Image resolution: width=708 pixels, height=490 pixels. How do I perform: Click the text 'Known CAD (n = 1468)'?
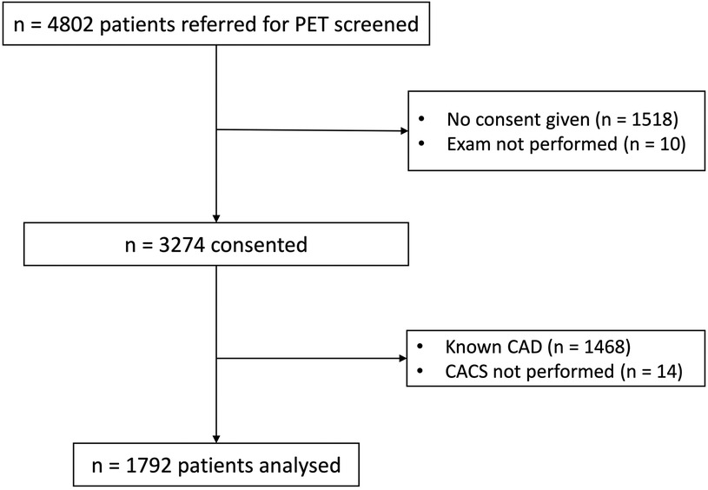tap(537, 348)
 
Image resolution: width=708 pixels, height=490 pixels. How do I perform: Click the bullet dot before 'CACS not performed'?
tap(421, 372)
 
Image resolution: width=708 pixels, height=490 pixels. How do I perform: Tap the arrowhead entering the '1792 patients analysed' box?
tap(215, 437)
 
